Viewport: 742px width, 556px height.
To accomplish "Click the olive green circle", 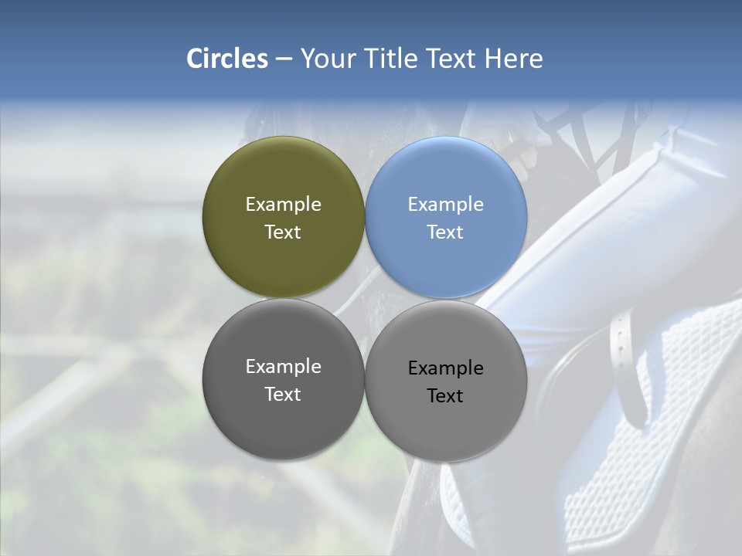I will pyautogui.click(x=283, y=178).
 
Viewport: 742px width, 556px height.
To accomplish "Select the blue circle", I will pyautogui.click(x=445, y=178).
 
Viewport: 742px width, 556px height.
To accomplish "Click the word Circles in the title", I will pyautogui.click(x=227, y=59).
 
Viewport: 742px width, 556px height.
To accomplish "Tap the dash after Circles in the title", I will pyautogui.click(x=284, y=59).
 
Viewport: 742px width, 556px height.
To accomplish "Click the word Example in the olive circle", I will pyautogui.click(x=283, y=205).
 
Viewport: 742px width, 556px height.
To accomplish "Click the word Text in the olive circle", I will pyautogui.click(x=283, y=232).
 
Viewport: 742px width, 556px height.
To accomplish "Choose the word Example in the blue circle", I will pyautogui.click(x=445, y=205).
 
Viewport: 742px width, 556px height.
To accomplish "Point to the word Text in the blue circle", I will pyautogui.click(x=445, y=232).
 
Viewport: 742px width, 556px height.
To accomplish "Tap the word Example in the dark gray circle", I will pyautogui.click(x=283, y=367).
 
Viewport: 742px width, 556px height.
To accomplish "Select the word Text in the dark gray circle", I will pyautogui.click(x=283, y=395).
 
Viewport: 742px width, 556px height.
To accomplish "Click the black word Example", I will pyautogui.click(x=445, y=368).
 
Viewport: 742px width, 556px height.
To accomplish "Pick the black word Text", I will pyautogui.click(x=445, y=396).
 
